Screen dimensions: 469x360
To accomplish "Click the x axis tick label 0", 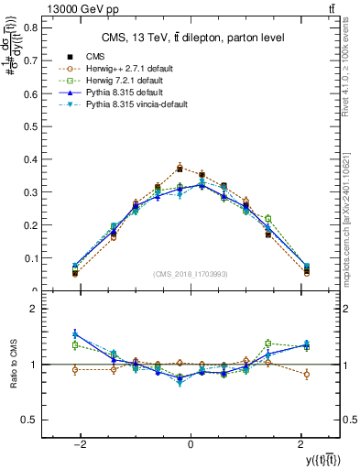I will pos(190,442).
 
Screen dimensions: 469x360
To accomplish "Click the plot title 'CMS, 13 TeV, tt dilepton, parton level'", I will pos(191,38).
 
